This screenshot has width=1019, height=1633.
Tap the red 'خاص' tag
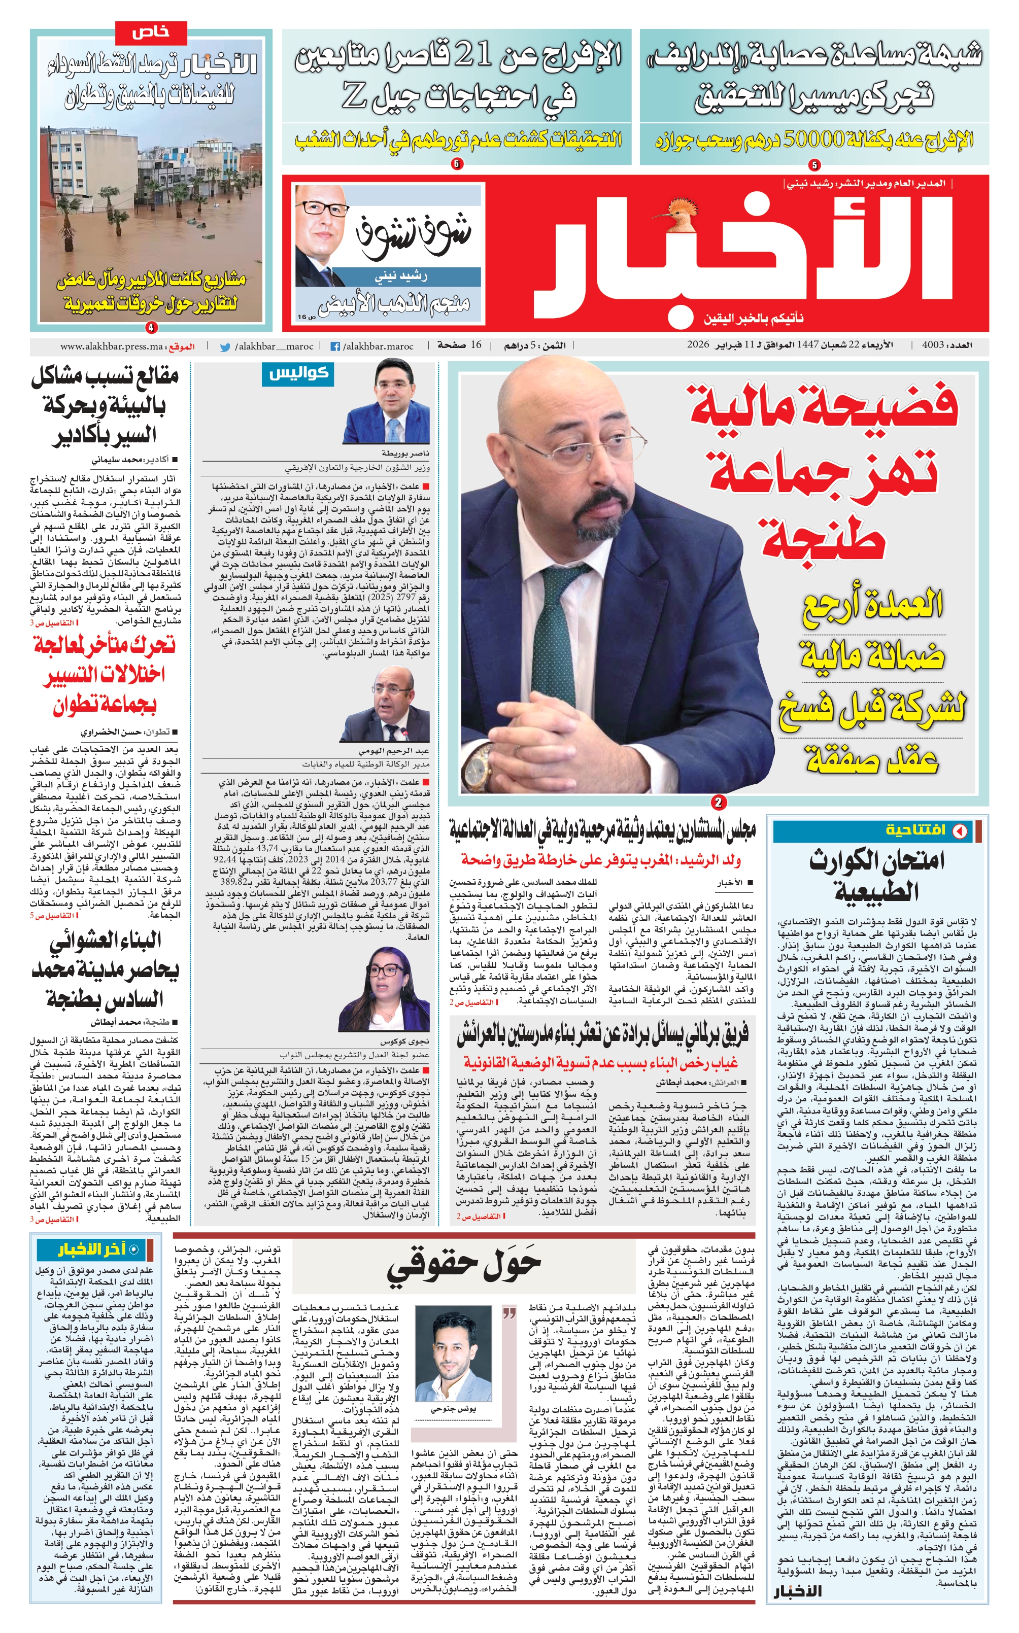tap(151, 31)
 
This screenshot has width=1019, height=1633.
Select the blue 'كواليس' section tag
tap(297, 374)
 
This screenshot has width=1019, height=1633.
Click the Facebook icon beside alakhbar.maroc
tap(334, 347)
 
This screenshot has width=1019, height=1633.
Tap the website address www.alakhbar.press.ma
tap(111, 347)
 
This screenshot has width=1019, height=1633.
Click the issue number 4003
tap(931, 345)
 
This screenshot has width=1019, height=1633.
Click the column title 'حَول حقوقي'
tap(464, 1267)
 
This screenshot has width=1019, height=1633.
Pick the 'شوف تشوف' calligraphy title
tap(413, 236)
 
